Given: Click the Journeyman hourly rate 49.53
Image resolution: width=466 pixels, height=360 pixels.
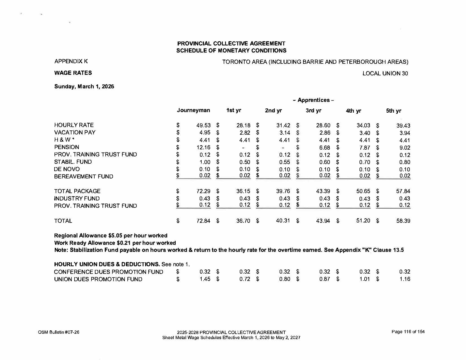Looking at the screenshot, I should click(x=203, y=125).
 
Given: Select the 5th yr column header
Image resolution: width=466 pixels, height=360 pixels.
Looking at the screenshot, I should click(x=393, y=111).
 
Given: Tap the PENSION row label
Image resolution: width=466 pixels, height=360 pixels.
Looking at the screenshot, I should click(x=67, y=147).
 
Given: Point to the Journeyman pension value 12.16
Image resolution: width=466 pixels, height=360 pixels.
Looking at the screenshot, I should click(x=203, y=147).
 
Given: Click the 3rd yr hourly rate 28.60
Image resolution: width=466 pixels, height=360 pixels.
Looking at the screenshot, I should click(x=323, y=125).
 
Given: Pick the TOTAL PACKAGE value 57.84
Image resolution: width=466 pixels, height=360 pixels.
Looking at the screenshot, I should click(x=403, y=191).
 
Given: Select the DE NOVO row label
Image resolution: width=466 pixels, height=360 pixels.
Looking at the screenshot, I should click(x=67, y=169).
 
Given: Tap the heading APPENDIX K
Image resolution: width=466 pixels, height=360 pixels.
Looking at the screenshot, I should click(x=71, y=61).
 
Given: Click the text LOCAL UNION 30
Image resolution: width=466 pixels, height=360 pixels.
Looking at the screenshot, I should click(x=385, y=73).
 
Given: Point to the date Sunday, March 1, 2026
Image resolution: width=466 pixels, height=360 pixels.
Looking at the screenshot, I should click(x=84, y=86).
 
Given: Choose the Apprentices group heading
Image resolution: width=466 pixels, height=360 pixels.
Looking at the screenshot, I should click(x=313, y=100).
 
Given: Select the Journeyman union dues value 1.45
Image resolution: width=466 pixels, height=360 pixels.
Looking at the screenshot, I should click(x=205, y=279).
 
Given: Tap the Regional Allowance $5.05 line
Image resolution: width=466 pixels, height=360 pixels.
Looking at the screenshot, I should click(x=111, y=235).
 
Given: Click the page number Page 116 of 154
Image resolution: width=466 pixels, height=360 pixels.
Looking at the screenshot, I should click(x=408, y=332).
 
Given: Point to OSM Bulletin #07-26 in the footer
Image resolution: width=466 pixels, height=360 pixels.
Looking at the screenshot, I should click(x=58, y=332).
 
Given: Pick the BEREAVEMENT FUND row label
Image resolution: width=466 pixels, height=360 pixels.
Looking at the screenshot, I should click(x=84, y=176).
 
